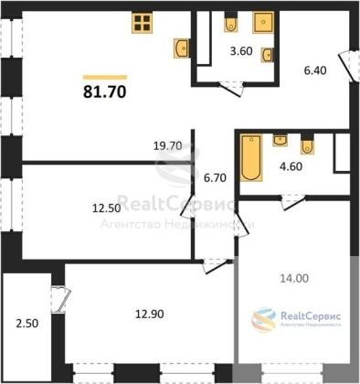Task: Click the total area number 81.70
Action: click(x=104, y=91)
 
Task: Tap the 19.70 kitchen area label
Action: click(x=167, y=146)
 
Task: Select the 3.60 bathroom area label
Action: click(x=241, y=51)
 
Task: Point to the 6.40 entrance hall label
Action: click(x=315, y=70)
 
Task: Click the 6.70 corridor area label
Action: click(x=215, y=177)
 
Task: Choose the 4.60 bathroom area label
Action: click(x=291, y=166)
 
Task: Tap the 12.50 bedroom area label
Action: click(x=106, y=208)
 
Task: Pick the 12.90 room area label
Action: click(x=150, y=314)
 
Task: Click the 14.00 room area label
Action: click(x=294, y=278)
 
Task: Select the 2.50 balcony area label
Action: click(x=27, y=323)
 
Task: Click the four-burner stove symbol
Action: click(x=143, y=23)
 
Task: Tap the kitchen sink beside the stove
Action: click(x=182, y=48)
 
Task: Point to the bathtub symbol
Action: click(x=251, y=157)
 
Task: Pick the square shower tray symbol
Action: click(x=263, y=23)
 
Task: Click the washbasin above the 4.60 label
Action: click(x=281, y=141)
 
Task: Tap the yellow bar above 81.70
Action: click(x=105, y=77)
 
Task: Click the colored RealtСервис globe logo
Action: click(x=263, y=320)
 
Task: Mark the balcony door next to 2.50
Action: click(x=60, y=300)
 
